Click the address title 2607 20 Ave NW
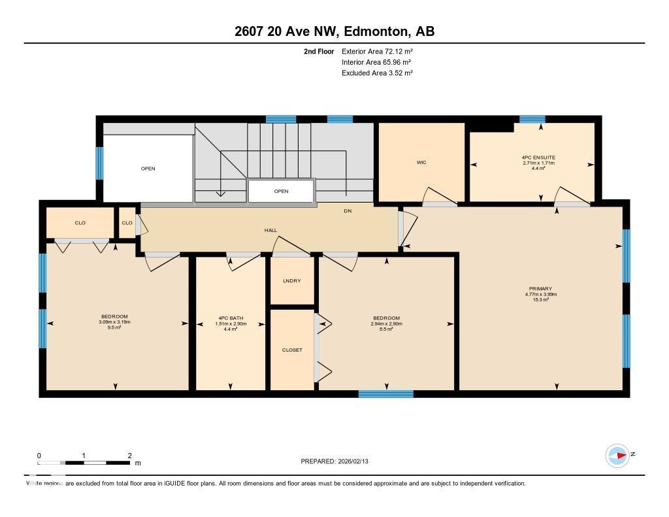[334, 31]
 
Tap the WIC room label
[421, 162]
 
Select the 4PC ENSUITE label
[540, 158]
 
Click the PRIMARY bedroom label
[540, 289]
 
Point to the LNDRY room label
[291, 280]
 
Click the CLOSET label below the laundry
[292, 350]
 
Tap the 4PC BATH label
[230, 318]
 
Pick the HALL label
[270, 231]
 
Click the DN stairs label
[348, 211]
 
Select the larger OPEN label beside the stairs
[148, 169]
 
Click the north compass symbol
[617, 455]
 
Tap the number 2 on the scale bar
[130, 456]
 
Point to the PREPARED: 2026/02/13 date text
[338, 461]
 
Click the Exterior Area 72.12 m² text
[377, 51]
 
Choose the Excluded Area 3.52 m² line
[377, 73]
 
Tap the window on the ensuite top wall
[532, 119]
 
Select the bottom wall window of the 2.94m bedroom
[385, 393]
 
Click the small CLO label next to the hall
[127, 223]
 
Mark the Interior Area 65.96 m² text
[376, 62]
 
